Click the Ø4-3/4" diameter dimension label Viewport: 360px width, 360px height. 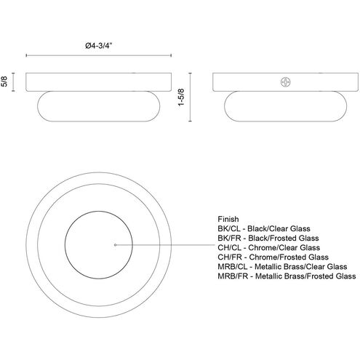coord(99,46)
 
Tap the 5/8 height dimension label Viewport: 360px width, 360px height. coord(4,81)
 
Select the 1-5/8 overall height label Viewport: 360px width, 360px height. coord(181,97)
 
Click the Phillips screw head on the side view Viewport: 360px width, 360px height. coord(286,82)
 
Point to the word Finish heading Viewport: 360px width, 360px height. coord(228,219)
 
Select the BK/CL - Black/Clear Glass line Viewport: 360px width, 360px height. coord(264,228)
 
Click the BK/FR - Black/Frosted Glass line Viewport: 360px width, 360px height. coord(268,238)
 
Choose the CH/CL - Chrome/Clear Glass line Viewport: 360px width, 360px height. coord(268,247)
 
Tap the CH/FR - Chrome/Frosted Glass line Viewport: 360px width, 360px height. coord(273,257)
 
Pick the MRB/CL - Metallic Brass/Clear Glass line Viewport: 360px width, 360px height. coord(282,267)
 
